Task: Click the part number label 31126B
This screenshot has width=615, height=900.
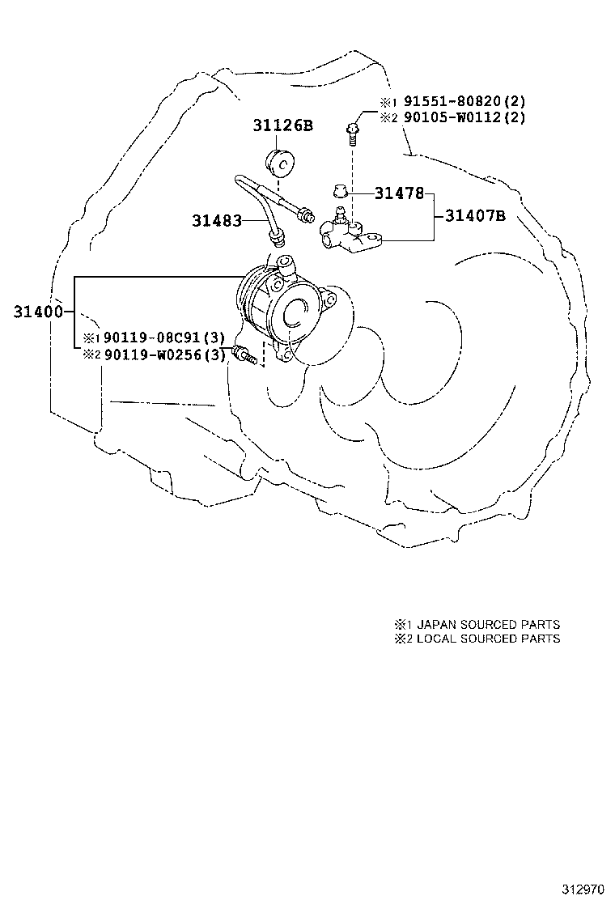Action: pos(282,125)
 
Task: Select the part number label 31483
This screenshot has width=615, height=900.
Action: pos(217,219)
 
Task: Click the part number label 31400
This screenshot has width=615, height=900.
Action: pos(38,312)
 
